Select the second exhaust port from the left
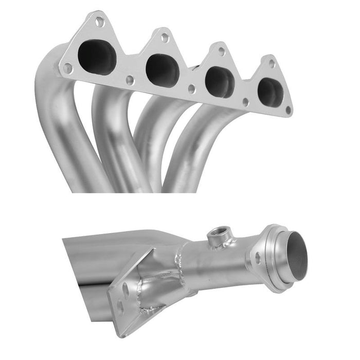(163, 70)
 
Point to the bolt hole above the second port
(165, 38)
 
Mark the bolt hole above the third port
(221, 51)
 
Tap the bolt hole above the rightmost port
(272, 64)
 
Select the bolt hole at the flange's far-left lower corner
(67, 67)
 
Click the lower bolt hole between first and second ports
(130, 80)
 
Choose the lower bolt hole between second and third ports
(191, 89)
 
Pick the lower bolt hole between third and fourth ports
(245, 102)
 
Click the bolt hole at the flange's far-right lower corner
(287, 110)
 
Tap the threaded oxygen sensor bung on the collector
(220, 236)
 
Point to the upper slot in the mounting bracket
(126, 290)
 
